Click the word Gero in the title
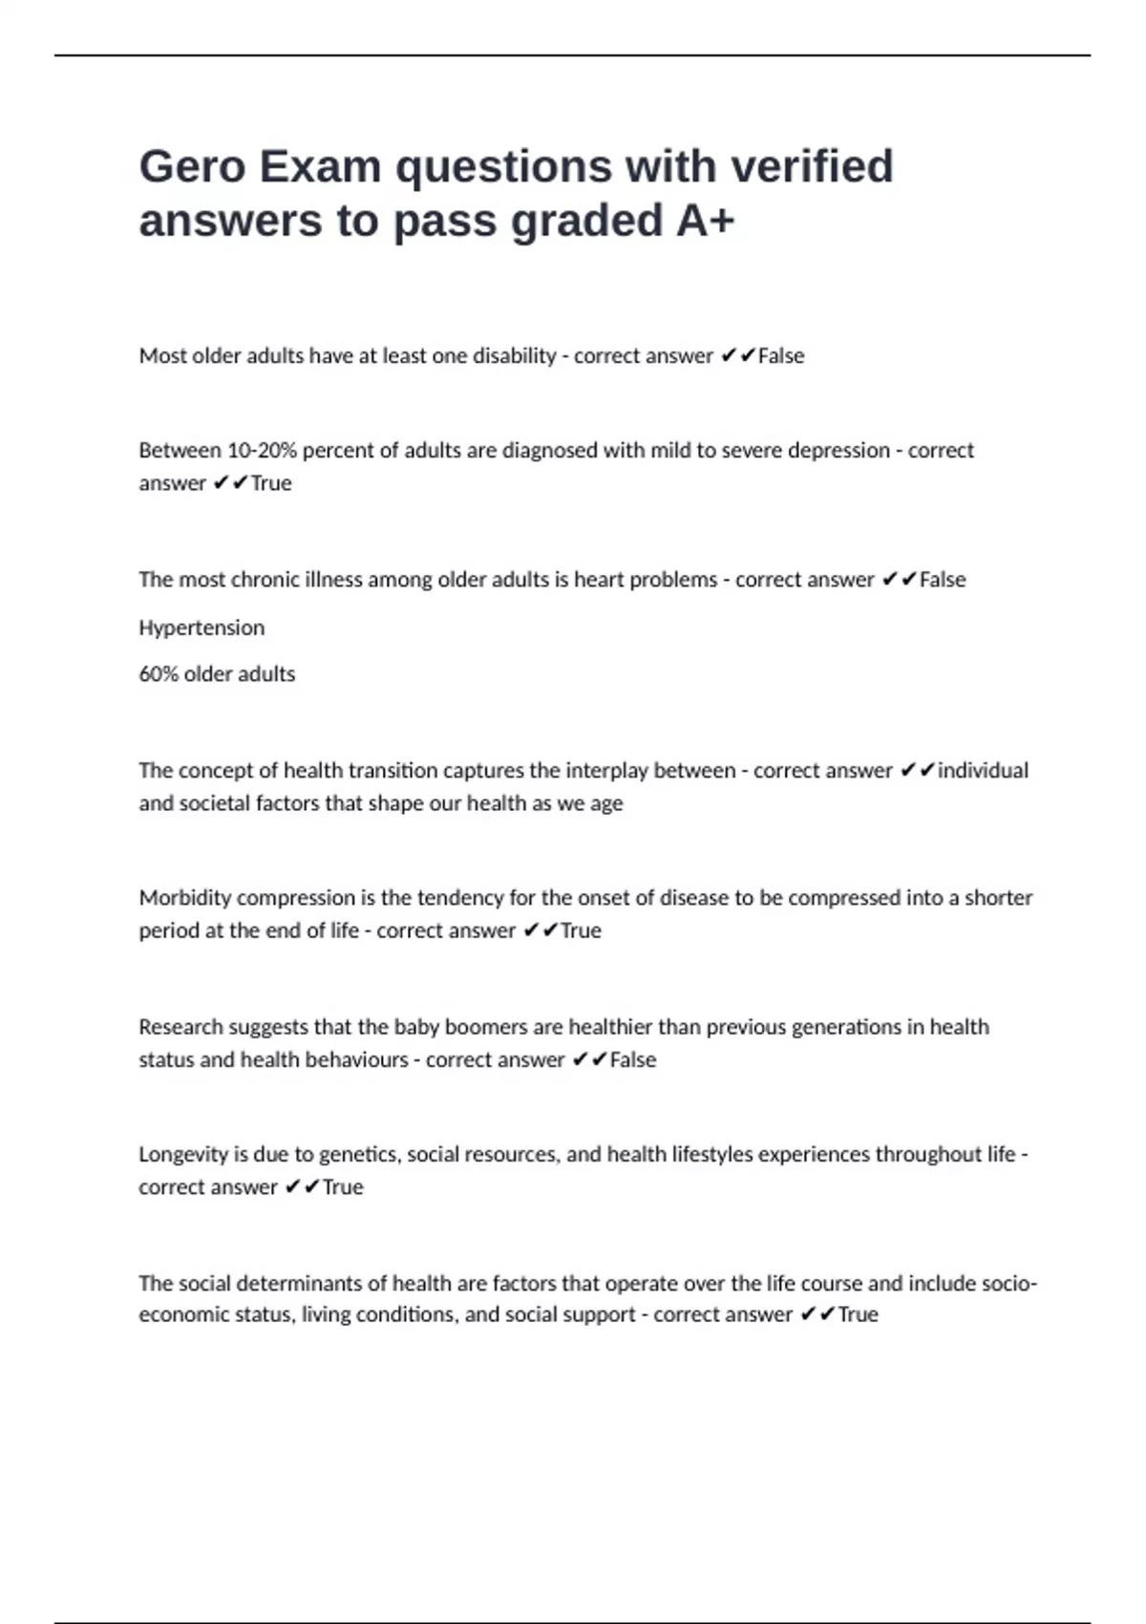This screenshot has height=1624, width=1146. pos(192,166)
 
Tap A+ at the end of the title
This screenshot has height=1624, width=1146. pos(706,221)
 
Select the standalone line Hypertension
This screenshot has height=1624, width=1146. pos(202,628)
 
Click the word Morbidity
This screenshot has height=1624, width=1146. pos(185,898)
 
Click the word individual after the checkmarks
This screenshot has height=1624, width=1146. pos(983,770)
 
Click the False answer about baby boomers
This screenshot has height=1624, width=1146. pos(633,1059)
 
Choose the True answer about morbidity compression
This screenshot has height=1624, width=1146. pos(581,930)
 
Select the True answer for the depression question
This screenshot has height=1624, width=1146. pos(271,483)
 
